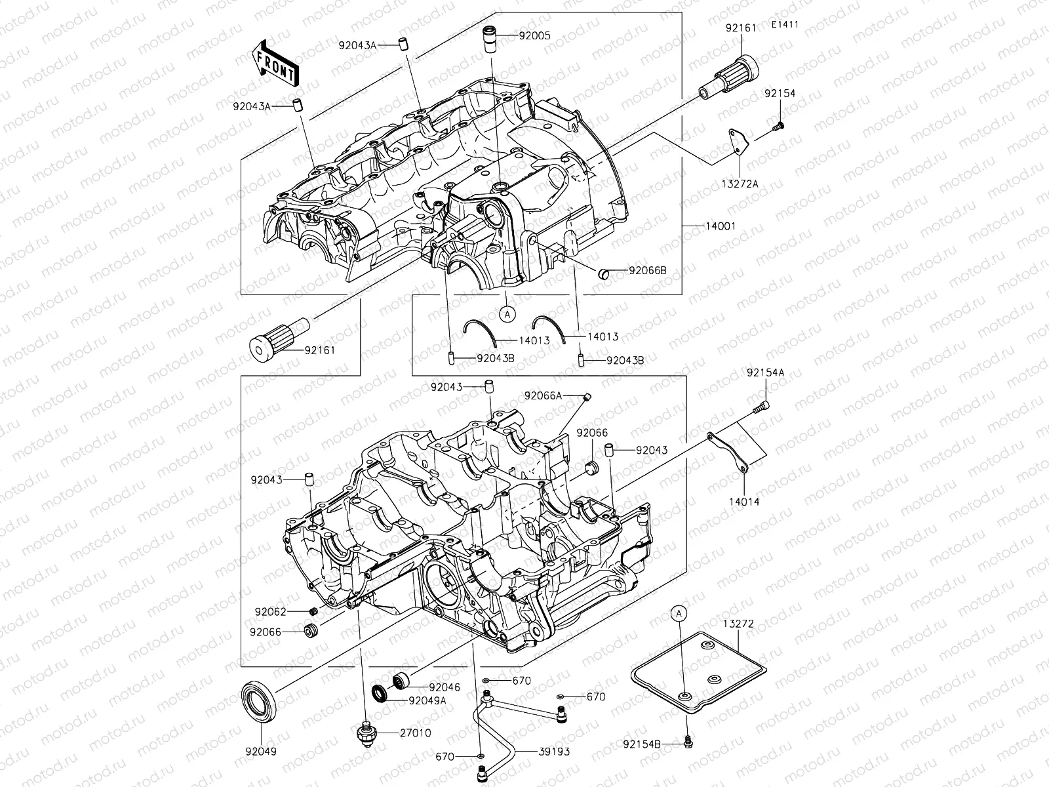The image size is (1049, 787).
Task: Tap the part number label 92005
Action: coord(535,35)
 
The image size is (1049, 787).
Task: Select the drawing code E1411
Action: coord(784,25)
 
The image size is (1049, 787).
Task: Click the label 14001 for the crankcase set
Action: coord(721,226)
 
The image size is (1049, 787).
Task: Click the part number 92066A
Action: coord(543,395)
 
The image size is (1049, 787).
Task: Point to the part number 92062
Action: coord(271,612)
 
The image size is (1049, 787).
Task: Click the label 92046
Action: coord(445,687)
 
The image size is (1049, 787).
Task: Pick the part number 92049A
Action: coord(427,700)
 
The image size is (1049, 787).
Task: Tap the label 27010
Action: coord(415,733)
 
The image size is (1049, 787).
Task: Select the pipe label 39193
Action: coord(554,752)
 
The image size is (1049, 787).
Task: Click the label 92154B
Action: coord(642,744)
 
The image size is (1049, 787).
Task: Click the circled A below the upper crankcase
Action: coord(507,314)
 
